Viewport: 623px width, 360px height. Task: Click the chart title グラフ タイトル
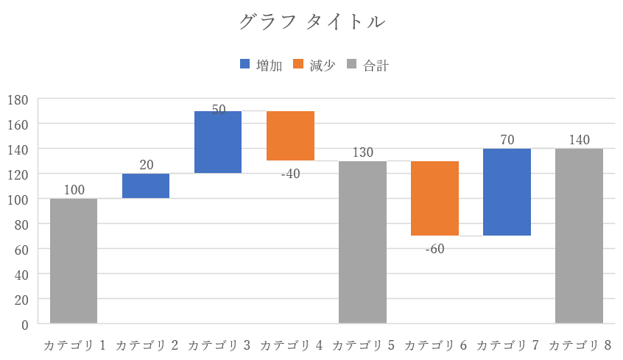pos(311,22)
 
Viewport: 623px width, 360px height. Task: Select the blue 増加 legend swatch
pos(245,65)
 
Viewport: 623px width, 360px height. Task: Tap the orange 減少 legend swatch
pos(298,65)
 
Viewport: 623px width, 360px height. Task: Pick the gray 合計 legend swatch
pos(351,65)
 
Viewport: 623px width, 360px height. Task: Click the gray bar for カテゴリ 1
pos(74,261)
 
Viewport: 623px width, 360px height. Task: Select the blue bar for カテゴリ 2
pos(146,186)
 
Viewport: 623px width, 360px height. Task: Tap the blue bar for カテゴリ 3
pos(218,142)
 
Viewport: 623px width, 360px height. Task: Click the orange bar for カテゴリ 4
pos(290,135)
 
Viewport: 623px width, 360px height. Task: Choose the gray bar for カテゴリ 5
pos(362,241)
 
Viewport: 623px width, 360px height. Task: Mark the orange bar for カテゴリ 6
pos(434,198)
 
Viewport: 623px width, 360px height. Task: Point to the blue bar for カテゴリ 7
pos(507,192)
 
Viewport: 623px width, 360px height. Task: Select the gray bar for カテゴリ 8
pos(579,236)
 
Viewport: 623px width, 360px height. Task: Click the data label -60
pos(434,249)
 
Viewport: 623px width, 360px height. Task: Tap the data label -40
pos(290,174)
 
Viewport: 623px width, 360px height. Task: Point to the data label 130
pos(362,152)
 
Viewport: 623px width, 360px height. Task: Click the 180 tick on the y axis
pos(18,99)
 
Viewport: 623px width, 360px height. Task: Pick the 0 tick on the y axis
pos(24,324)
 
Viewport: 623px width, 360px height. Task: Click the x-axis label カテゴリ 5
pos(362,345)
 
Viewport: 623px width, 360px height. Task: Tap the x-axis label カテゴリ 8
pos(579,345)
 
